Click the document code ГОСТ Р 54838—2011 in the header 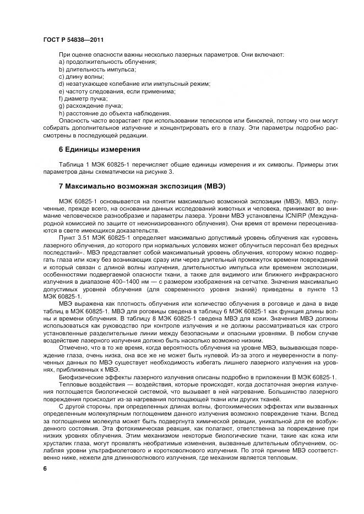(72, 40)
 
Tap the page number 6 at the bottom (45, 468)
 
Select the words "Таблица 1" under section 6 (75, 164)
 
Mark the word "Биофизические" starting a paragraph (79, 377)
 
